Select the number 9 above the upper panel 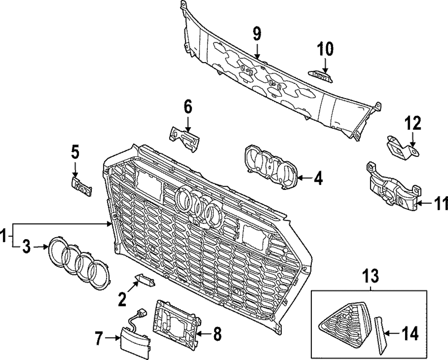coord(257,33)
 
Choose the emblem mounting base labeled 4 coord(271,170)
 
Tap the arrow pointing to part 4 coord(305,179)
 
